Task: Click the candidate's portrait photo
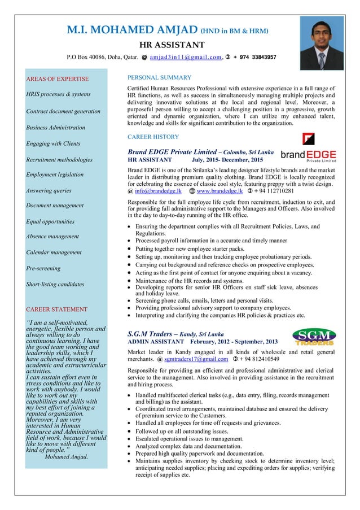321,42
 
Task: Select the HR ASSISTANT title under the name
172,45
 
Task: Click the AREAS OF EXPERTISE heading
58,79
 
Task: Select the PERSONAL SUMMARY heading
160,77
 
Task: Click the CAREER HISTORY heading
153,137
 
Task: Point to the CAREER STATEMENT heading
56,310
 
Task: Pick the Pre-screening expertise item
45,268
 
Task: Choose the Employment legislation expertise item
55,175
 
